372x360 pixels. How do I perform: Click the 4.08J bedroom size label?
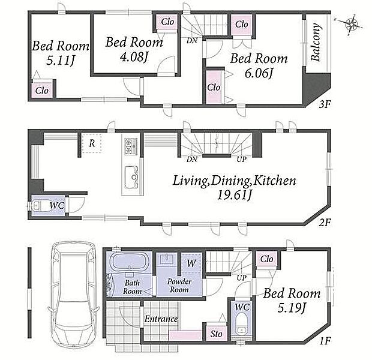134,57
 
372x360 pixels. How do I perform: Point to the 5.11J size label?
60,60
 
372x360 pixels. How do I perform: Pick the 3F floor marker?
325,104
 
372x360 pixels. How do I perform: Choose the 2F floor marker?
325,223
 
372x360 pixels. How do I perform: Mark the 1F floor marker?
325,341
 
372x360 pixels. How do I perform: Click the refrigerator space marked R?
92,143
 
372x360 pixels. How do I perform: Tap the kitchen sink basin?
131,177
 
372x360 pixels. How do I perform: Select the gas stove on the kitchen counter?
131,147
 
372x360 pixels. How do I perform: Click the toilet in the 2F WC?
37,206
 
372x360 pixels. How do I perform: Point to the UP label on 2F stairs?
242,159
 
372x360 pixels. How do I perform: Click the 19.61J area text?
234,196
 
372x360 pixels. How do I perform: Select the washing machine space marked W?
191,263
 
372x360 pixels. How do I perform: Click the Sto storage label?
216,334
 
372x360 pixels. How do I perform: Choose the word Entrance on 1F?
161,319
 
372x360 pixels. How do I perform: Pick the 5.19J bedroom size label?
292,308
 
